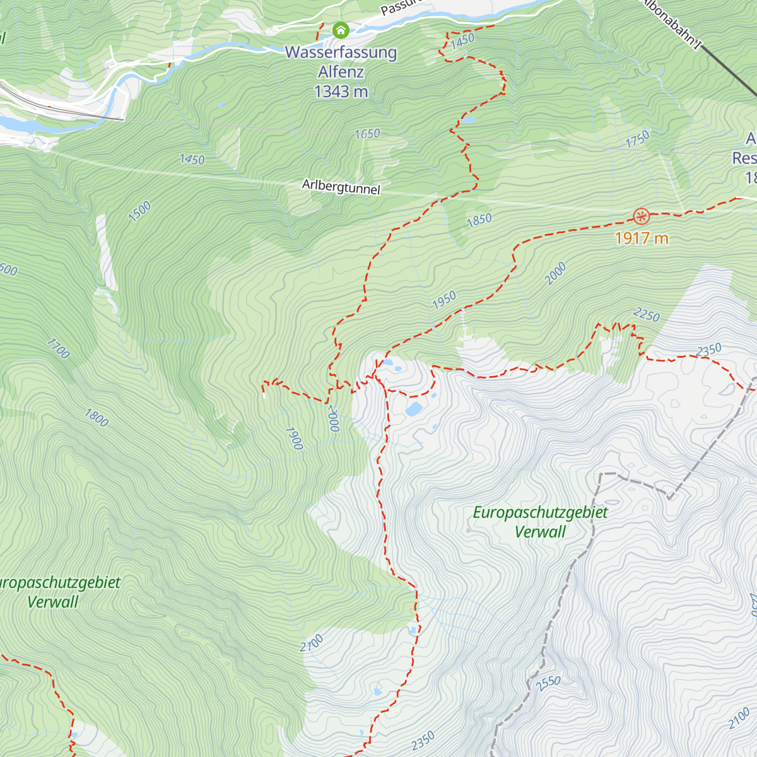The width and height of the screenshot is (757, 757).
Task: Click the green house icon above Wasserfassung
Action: point(341,30)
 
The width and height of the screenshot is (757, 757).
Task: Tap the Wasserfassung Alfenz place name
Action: point(341,62)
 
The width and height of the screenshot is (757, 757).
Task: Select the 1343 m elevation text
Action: point(341,92)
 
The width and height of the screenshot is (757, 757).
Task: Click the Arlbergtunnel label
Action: point(341,187)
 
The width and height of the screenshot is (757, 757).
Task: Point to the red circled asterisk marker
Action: point(641,217)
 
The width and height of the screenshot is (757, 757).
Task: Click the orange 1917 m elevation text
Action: point(641,238)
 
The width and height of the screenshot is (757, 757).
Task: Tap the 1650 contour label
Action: point(367,134)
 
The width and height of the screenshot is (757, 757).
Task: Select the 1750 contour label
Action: point(637,139)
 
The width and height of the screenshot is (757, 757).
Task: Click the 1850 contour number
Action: point(479,220)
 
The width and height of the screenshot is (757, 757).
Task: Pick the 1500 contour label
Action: point(139,211)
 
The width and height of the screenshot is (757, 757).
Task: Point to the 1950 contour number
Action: point(444,300)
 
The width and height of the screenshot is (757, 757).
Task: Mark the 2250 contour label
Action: point(646,315)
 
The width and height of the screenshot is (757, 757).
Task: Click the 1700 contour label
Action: point(57,348)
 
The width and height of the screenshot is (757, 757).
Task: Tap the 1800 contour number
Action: point(97,418)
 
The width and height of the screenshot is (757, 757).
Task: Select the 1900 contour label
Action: point(293,438)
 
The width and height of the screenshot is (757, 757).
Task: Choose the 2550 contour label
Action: point(548,683)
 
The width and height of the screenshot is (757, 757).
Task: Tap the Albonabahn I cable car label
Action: point(672,24)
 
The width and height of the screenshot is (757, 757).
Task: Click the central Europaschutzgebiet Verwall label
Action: point(540,522)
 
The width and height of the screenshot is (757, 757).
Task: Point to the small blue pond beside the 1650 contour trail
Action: point(469,119)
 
